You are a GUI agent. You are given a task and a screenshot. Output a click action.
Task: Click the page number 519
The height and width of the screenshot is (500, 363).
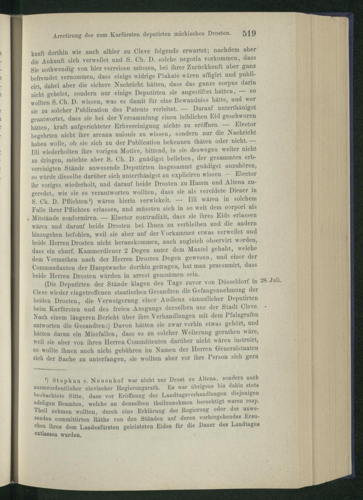click(249, 33)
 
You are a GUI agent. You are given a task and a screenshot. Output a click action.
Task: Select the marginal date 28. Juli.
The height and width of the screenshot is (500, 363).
click(272, 281)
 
